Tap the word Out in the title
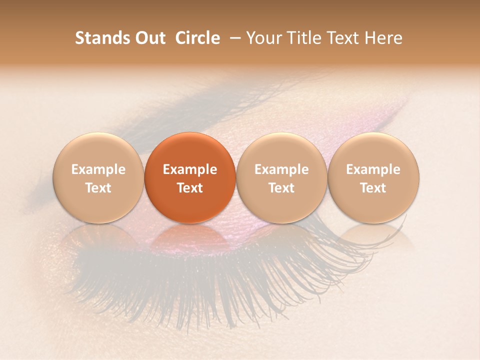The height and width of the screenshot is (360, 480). [x=149, y=38]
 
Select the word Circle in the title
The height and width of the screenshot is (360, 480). [x=197, y=38]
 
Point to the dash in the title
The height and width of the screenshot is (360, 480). [x=234, y=38]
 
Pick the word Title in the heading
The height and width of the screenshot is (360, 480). [x=303, y=38]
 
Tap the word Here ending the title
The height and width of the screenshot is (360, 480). [x=383, y=38]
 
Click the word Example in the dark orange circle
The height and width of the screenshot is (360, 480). [x=190, y=169]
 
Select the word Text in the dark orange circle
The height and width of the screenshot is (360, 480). [x=190, y=188]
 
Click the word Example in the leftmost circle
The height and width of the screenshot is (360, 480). [x=98, y=169]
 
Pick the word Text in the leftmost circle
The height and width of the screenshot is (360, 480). [x=98, y=188]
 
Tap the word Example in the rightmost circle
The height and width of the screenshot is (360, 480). [x=373, y=169]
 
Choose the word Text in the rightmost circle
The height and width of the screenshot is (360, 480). [x=373, y=188]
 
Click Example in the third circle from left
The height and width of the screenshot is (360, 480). [x=281, y=169]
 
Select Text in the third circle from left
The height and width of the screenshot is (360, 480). [x=281, y=188]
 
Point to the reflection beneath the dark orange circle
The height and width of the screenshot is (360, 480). [x=190, y=237]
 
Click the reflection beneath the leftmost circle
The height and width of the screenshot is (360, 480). [x=98, y=237]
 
